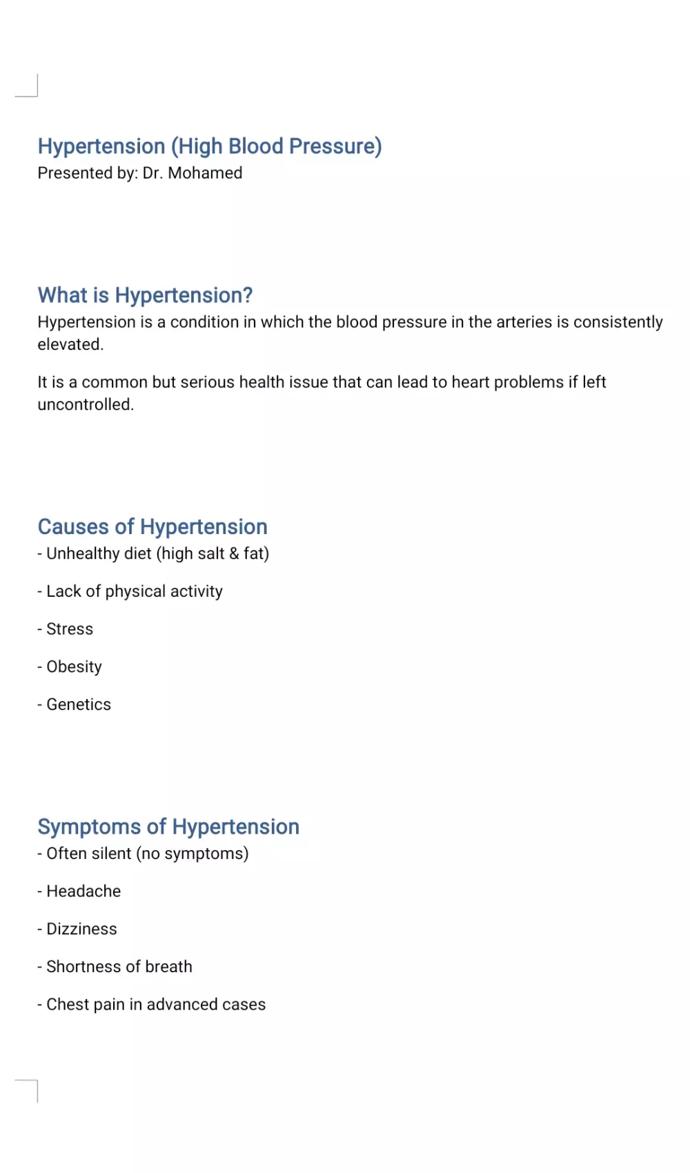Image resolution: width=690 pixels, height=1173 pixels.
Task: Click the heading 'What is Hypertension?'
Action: point(145,295)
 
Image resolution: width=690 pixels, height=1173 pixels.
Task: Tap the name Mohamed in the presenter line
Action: point(205,173)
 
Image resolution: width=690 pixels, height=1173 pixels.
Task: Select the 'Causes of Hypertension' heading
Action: point(152,527)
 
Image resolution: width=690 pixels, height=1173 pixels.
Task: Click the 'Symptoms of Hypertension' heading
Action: point(168,827)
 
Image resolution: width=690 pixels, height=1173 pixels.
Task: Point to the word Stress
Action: point(70,629)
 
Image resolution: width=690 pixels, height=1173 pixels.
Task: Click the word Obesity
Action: point(74,667)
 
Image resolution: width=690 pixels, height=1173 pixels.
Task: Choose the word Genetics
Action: point(79,704)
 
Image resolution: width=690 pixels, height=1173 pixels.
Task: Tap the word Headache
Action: point(83,891)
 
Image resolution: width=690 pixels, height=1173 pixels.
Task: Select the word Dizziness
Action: point(81,929)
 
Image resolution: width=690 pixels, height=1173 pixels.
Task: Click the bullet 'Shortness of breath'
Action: point(119,967)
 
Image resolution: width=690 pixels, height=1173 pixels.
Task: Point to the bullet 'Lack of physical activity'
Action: point(134,592)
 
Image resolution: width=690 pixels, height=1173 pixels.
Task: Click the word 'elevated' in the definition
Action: point(69,345)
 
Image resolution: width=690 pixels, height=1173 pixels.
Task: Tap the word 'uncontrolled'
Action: point(84,405)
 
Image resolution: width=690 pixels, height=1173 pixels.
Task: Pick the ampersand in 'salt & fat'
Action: point(234,554)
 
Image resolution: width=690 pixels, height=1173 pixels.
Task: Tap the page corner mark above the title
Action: point(28,87)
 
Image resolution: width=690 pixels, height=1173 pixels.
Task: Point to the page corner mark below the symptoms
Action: point(28,1089)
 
